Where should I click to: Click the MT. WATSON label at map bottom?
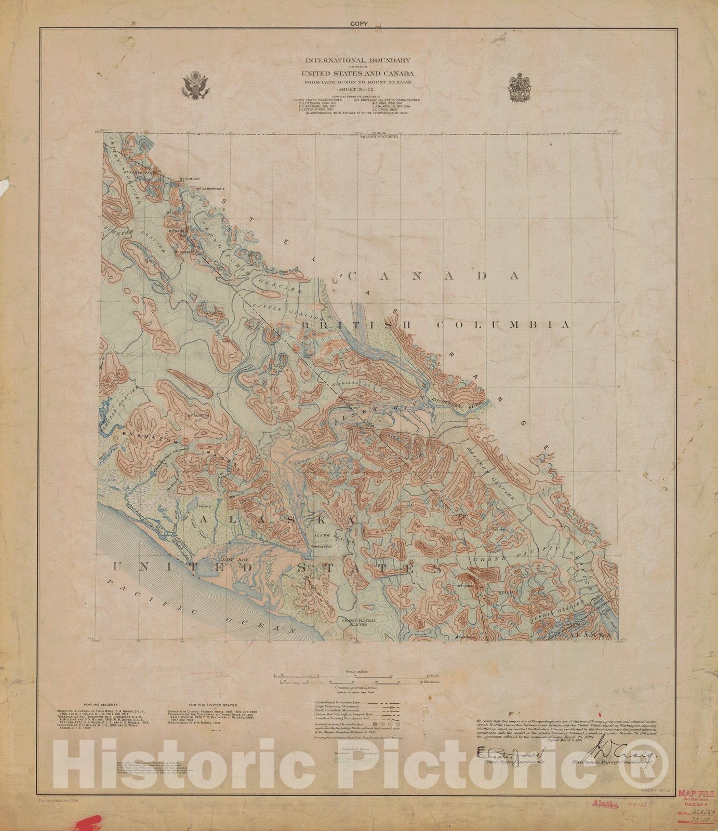click(x=465, y=637)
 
